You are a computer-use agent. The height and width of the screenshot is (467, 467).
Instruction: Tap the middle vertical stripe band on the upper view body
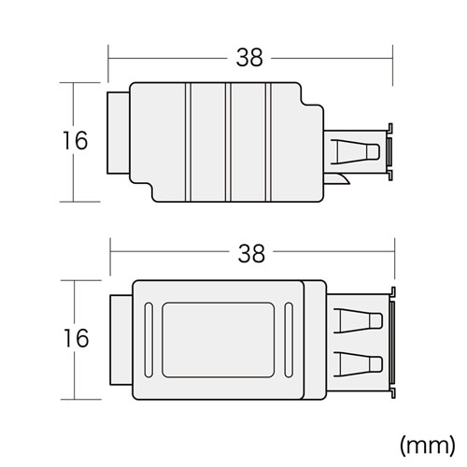point(228,142)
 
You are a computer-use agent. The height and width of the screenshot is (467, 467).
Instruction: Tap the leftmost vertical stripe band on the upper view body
point(190,142)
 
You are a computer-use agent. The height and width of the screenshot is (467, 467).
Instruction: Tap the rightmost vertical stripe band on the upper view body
point(267,142)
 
